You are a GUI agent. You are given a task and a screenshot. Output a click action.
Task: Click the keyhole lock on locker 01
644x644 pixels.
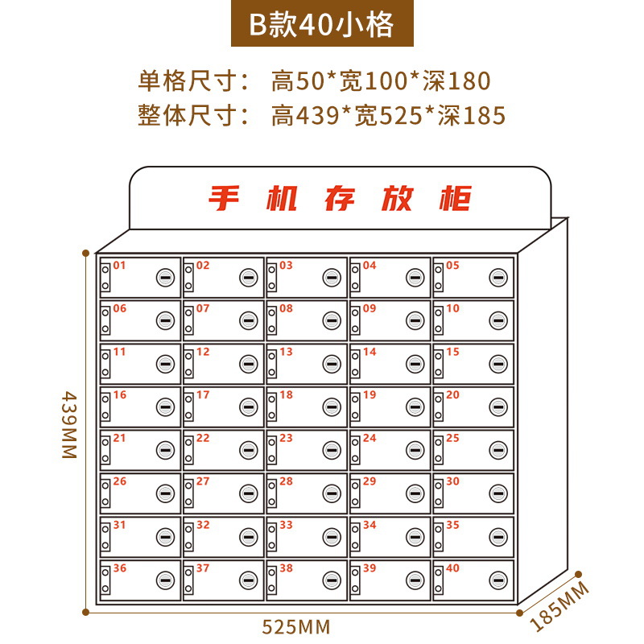click(x=165, y=278)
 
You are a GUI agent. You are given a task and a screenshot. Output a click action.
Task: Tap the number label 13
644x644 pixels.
click(x=286, y=352)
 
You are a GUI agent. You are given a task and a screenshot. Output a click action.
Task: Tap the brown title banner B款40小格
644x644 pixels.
click(x=321, y=25)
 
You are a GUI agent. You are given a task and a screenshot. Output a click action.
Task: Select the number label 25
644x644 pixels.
click(x=452, y=438)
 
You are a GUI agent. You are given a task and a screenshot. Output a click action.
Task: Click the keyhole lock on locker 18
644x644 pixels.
click(x=332, y=407)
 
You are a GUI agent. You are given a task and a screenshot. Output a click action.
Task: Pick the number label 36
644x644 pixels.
click(x=119, y=568)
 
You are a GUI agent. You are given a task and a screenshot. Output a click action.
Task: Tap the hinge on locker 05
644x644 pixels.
click(x=439, y=278)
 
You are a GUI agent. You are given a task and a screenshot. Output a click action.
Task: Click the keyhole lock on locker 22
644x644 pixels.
click(x=248, y=451)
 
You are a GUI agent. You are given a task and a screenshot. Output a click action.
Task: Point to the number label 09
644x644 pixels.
click(x=369, y=308)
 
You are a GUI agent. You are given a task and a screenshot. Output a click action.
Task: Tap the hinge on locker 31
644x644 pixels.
click(x=105, y=537)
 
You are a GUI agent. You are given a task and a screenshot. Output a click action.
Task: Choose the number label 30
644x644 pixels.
click(x=452, y=481)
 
